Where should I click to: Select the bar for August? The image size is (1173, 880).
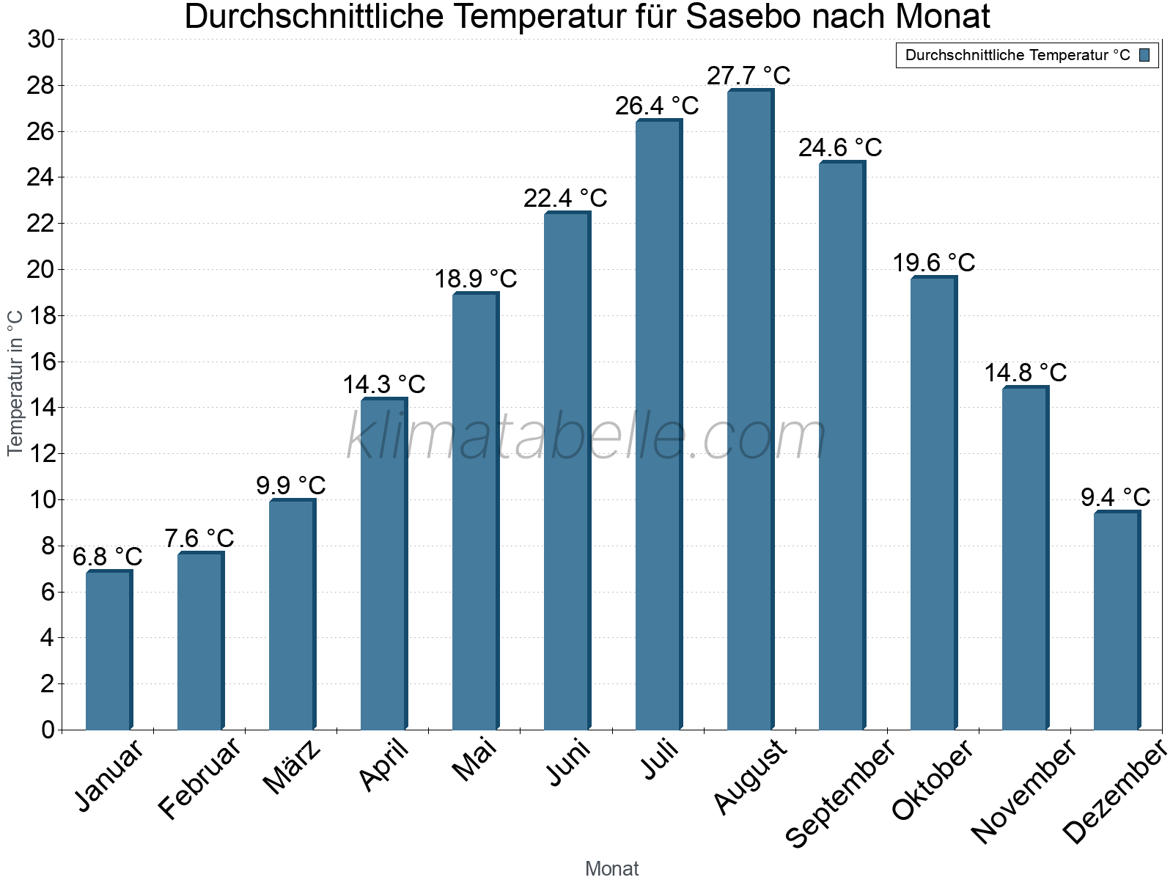tap(749, 411)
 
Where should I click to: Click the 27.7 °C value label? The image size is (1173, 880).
tap(749, 76)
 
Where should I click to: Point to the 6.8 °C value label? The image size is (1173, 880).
tap(107, 557)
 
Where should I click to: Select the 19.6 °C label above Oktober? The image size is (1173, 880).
tap(933, 263)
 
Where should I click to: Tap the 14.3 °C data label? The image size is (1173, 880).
tap(383, 384)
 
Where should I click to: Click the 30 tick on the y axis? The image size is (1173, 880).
tap(41, 40)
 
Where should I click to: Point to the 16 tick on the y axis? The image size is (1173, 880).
tap(41, 362)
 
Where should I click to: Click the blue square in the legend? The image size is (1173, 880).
tap(1145, 55)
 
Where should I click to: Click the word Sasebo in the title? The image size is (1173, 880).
tap(741, 17)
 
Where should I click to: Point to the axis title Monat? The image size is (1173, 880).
tap(611, 868)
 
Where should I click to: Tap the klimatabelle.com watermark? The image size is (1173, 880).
tap(586, 437)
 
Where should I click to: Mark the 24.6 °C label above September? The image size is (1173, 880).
tap(840, 147)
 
